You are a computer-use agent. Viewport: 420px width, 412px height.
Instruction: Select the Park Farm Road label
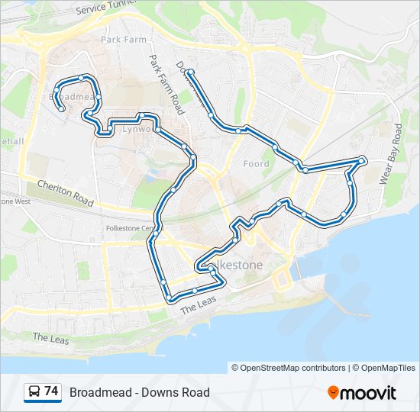click(x=167, y=84)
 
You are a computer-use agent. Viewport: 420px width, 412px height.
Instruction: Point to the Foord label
click(x=257, y=164)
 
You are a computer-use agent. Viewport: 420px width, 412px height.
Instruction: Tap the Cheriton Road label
click(x=65, y=193)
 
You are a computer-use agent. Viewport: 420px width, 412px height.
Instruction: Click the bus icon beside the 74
click(x=34, y=392)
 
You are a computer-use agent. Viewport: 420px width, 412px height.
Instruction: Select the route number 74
click(x=51, y=391)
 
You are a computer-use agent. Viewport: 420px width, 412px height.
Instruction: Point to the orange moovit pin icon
click(x=333, y=393)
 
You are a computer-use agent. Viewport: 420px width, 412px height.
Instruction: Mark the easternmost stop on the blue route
click(x=362, y=159)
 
